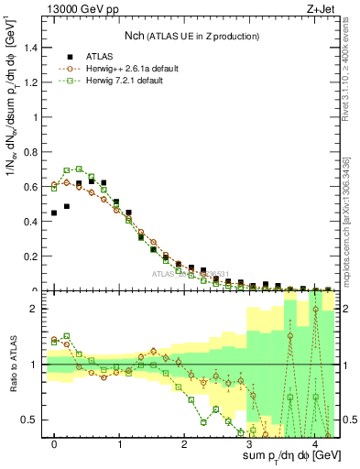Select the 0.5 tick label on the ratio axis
click(x=34, y=420)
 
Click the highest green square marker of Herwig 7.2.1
click(x=79, y=169)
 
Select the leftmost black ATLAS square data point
click(x=54, y=213)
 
